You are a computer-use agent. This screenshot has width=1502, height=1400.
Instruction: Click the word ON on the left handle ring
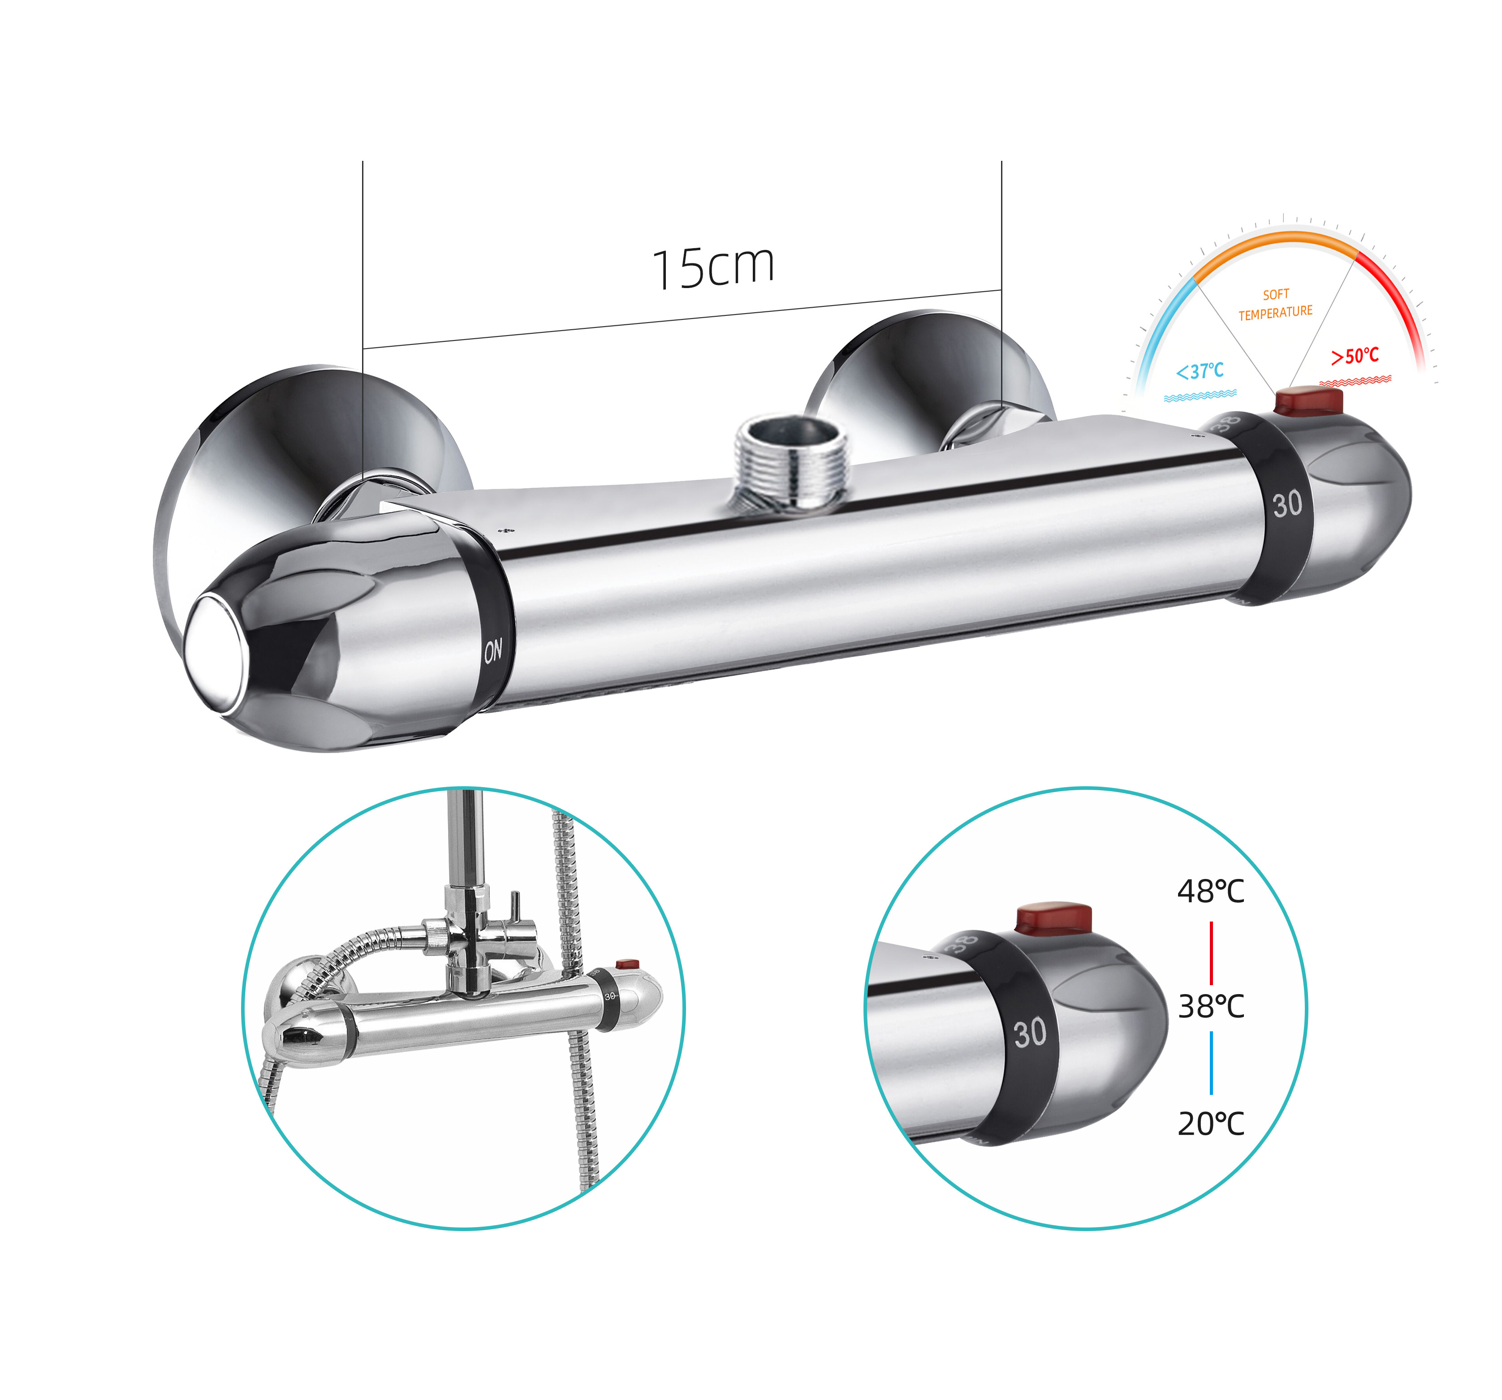pyautogui.click(x=492, y=650)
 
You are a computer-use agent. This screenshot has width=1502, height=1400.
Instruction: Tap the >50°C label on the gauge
pyautogui.click(x=1355, y=356)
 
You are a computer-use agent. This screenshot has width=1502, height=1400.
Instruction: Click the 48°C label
pyautogui.click(x=1210, y=892)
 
